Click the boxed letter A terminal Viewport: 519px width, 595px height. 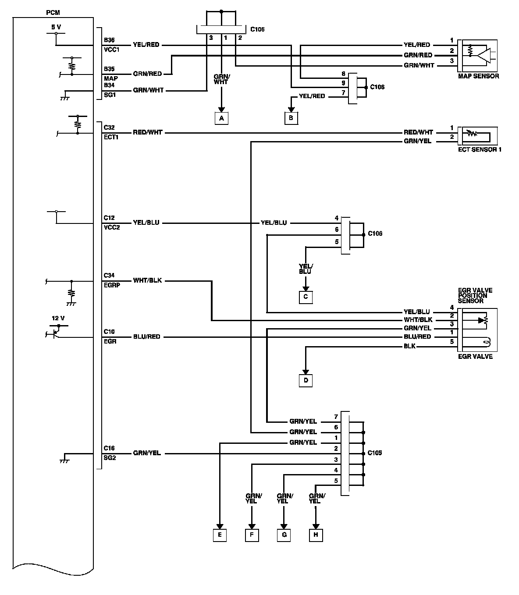click(221, 118)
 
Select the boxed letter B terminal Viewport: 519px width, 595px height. click(291, 118)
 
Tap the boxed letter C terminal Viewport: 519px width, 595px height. click(306, 297)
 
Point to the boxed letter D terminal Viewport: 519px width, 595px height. click(306, 380)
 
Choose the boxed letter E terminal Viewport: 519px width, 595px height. click(220, 535)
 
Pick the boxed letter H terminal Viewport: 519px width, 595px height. click(316, 535)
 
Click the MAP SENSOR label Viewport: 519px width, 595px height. click(478, 76)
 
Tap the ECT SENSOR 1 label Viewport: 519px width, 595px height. click(480, 149)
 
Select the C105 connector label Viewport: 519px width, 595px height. click(374, 453)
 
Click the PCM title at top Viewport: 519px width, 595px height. click(53, 13)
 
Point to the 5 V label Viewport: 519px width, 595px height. click(56, 27)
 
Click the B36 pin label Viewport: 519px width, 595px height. click(109, 40)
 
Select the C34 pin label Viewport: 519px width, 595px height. click(109, 276)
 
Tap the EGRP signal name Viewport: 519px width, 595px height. click(111, 285)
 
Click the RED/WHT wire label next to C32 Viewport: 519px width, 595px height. click(148, 132)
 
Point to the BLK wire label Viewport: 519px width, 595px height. click(410, 347)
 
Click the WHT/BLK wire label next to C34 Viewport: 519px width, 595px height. click(147, 280)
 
